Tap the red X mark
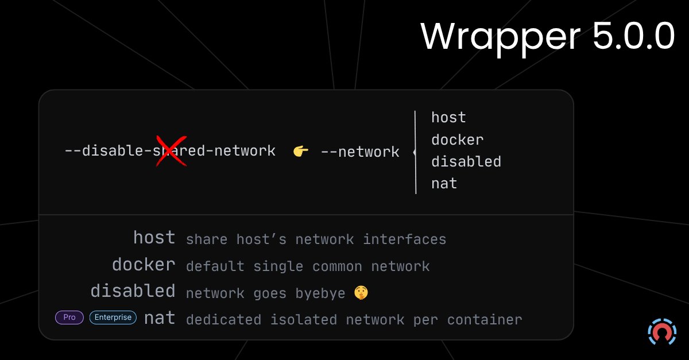[x=172, y=151]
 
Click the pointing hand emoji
[x=300, y=152]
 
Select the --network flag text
[x=359, y=152]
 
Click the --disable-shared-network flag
[x=170, y=151]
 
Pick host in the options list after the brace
[x=448, y=118]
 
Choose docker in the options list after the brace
[x=457, y=140]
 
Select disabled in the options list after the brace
[x=466, y=161]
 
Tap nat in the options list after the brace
[x=444, y=184]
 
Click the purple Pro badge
[x=69, y=317]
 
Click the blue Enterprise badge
[x=113, y=317]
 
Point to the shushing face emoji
[x=361, y=293]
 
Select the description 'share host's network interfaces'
[x=316, y=239]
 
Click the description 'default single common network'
[x=308, y=266]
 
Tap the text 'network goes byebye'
[x=265, y=293]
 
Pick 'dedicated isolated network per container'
[x=354, y=320]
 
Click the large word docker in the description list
[x=144, y=265]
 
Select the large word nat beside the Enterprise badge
[x=160, y=318]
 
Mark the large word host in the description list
[x=154, y=238]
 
